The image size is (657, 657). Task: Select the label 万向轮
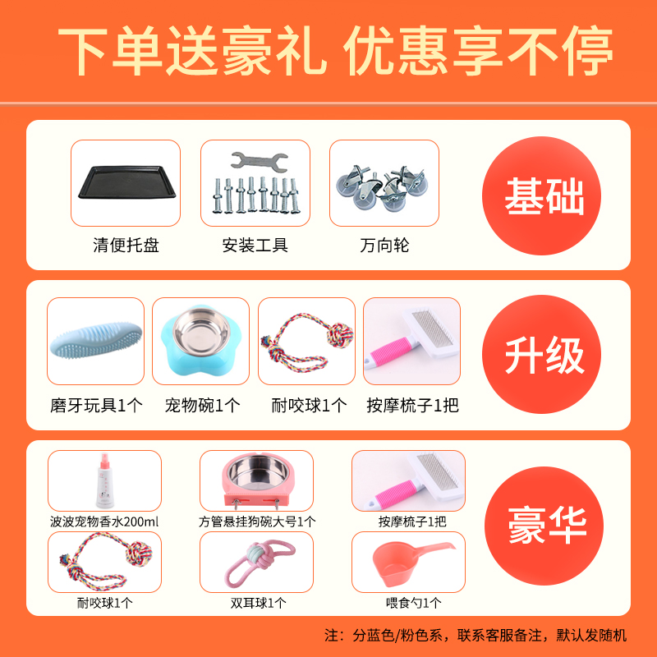[384, 245]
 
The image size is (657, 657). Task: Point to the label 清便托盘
[126, 245]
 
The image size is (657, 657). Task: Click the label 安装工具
[255, 245]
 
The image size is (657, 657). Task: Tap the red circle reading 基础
[544, 196]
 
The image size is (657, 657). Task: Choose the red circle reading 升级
[544, 356]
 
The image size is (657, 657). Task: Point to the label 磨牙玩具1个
[96, 405]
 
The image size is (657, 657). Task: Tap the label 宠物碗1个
[202, 405]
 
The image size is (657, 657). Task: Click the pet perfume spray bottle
[104, 480]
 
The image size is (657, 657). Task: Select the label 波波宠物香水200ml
[104, 521]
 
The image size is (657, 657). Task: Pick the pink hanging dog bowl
[256, 483]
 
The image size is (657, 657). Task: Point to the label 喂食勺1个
[407, 603]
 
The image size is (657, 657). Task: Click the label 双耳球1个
[257, 603]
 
